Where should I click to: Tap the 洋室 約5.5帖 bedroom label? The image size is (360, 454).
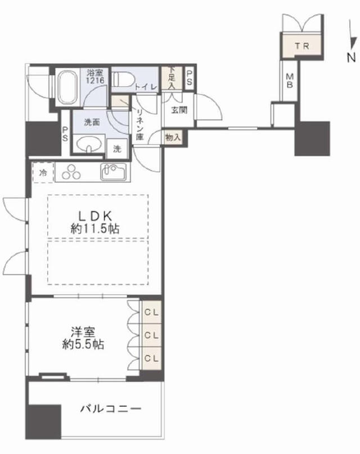coord(83,338)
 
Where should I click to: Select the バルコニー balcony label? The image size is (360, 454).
coord(111,409)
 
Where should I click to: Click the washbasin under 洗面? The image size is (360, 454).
coord(90,143)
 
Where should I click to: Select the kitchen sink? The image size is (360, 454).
coord(114,172)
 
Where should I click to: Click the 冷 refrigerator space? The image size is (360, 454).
coord(43,173)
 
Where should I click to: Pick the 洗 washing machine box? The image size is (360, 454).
coord(117,149)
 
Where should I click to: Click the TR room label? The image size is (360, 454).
coord(303,46)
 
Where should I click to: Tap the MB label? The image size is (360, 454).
coord(290,81)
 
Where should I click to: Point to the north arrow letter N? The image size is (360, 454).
coord(352,57)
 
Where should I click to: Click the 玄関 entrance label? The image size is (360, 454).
coord(179,110)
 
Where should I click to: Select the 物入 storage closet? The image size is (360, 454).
coord(173,137)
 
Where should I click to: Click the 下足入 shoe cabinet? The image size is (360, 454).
coord(172,78)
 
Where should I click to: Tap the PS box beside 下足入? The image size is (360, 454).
coord(189,78)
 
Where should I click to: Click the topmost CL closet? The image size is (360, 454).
coord(152,312)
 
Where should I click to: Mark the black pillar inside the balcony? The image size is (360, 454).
coord(44,422)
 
